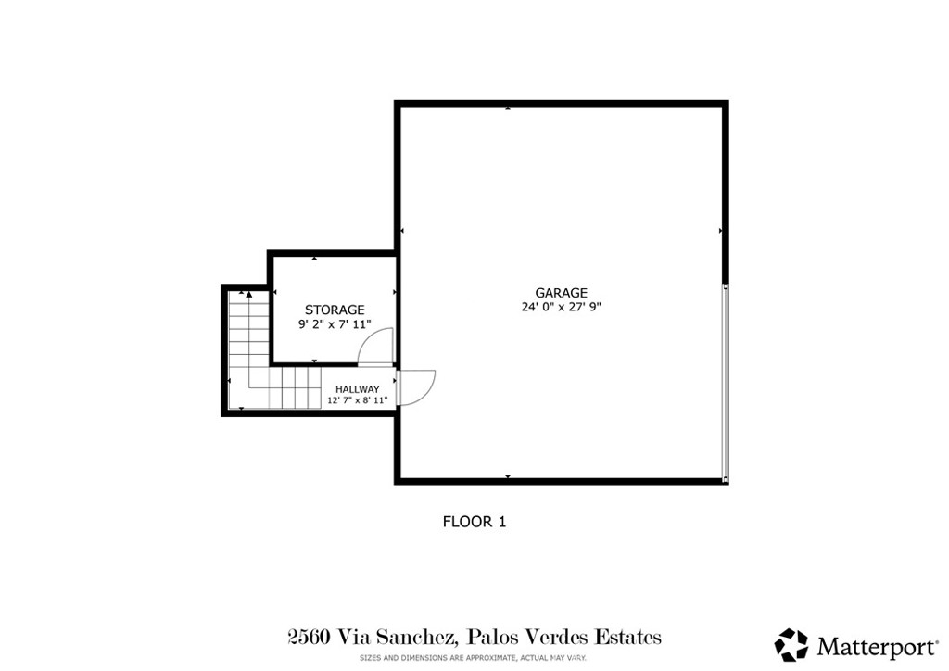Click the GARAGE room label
coord(561,293)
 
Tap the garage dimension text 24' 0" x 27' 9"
coord(561,307)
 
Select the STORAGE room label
coord(335,310)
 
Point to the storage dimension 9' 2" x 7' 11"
coord(335,324)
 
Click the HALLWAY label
coord(357,389)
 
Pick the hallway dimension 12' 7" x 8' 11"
coord(357,401)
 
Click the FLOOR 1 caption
coord(474,522)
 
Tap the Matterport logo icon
coord(791,644)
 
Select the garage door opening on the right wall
coord(726,382)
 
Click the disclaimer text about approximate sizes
coord(474,658)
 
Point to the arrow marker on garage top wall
coord(508,108)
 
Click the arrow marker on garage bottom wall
coord(508,477)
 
